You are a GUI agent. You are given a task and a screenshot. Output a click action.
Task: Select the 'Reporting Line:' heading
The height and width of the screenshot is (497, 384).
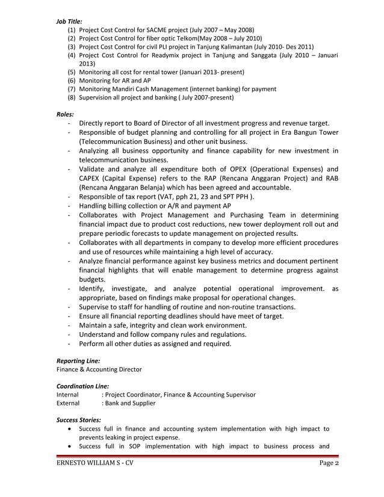[78, 360]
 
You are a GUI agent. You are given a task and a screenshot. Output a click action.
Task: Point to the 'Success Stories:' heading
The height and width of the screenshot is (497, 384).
[78, 419]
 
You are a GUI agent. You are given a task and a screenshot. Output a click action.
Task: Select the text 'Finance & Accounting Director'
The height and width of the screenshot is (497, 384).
[99, 369]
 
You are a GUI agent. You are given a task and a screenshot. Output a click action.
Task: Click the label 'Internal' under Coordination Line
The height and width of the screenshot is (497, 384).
[67, 394]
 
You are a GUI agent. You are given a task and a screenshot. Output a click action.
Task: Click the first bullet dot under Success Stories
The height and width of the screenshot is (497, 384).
[72, 429]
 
